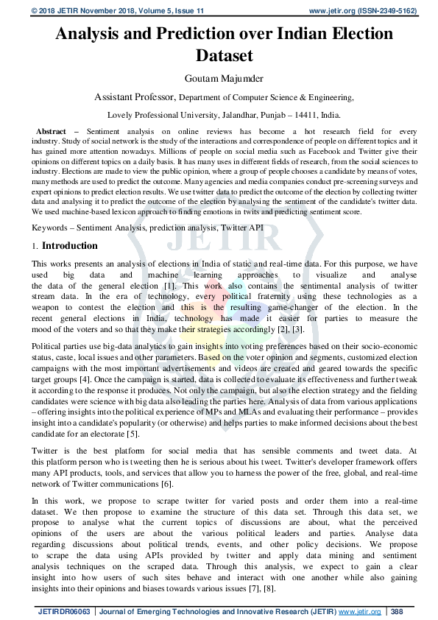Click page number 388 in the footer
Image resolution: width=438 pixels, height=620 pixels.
pyautogui.click(x=397, y=611)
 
